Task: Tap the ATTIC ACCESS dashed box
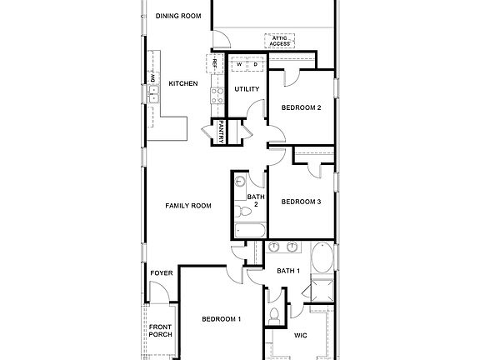click(x=278, y=40)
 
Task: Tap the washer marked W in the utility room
click(x=238, y=63)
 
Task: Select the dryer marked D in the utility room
click(x=256, y=63)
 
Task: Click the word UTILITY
click(x=247, y=89)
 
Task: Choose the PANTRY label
click(x=222, y=132)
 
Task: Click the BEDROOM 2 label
click(x=301, y=108)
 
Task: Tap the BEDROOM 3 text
click(x=301, y=202)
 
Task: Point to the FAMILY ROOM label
click(x=187, y=206)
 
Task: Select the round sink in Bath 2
click(x=240, y=181)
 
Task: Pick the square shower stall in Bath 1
click(x=320, y=291)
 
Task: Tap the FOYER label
click(x=161, y=273)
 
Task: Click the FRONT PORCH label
click(x=160, y=330)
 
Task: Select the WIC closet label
click(x=301, y=336)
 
